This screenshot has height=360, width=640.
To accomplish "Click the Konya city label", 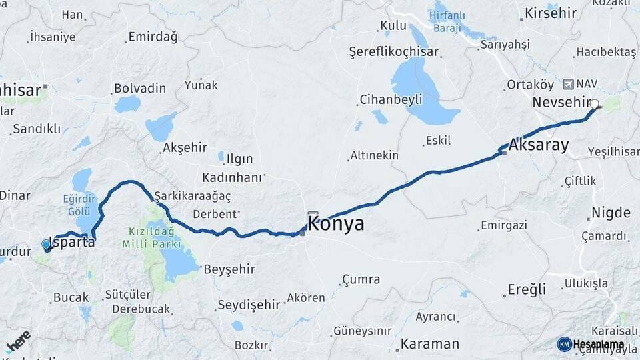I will tap(336, 224).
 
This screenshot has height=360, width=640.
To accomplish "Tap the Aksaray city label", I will tap(539, 145).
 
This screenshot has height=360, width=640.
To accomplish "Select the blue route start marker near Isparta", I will tap(46, 245).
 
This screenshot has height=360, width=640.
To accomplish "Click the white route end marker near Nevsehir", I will tap(594, 105).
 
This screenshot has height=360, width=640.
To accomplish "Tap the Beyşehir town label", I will tap(229, 269).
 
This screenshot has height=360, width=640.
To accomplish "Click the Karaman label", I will tap(430, 344).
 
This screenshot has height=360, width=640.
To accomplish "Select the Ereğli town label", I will tap(527, 289).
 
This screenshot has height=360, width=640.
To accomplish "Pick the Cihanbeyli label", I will tap(391, 99).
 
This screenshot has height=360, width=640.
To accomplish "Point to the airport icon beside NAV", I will tap(568, 84).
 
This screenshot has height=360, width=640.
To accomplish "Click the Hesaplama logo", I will tap(591, 344).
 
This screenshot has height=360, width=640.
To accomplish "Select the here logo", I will tap(18, 341).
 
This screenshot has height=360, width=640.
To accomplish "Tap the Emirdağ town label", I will tap(153, 37).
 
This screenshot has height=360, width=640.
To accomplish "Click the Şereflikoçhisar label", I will tap(394, 51).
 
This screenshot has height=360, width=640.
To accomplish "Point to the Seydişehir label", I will tap(249, 305).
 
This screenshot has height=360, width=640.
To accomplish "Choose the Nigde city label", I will tap(610, 213).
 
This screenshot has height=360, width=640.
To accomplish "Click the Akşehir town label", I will tap(185, 148).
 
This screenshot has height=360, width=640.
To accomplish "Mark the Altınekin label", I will tap(375, 155).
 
